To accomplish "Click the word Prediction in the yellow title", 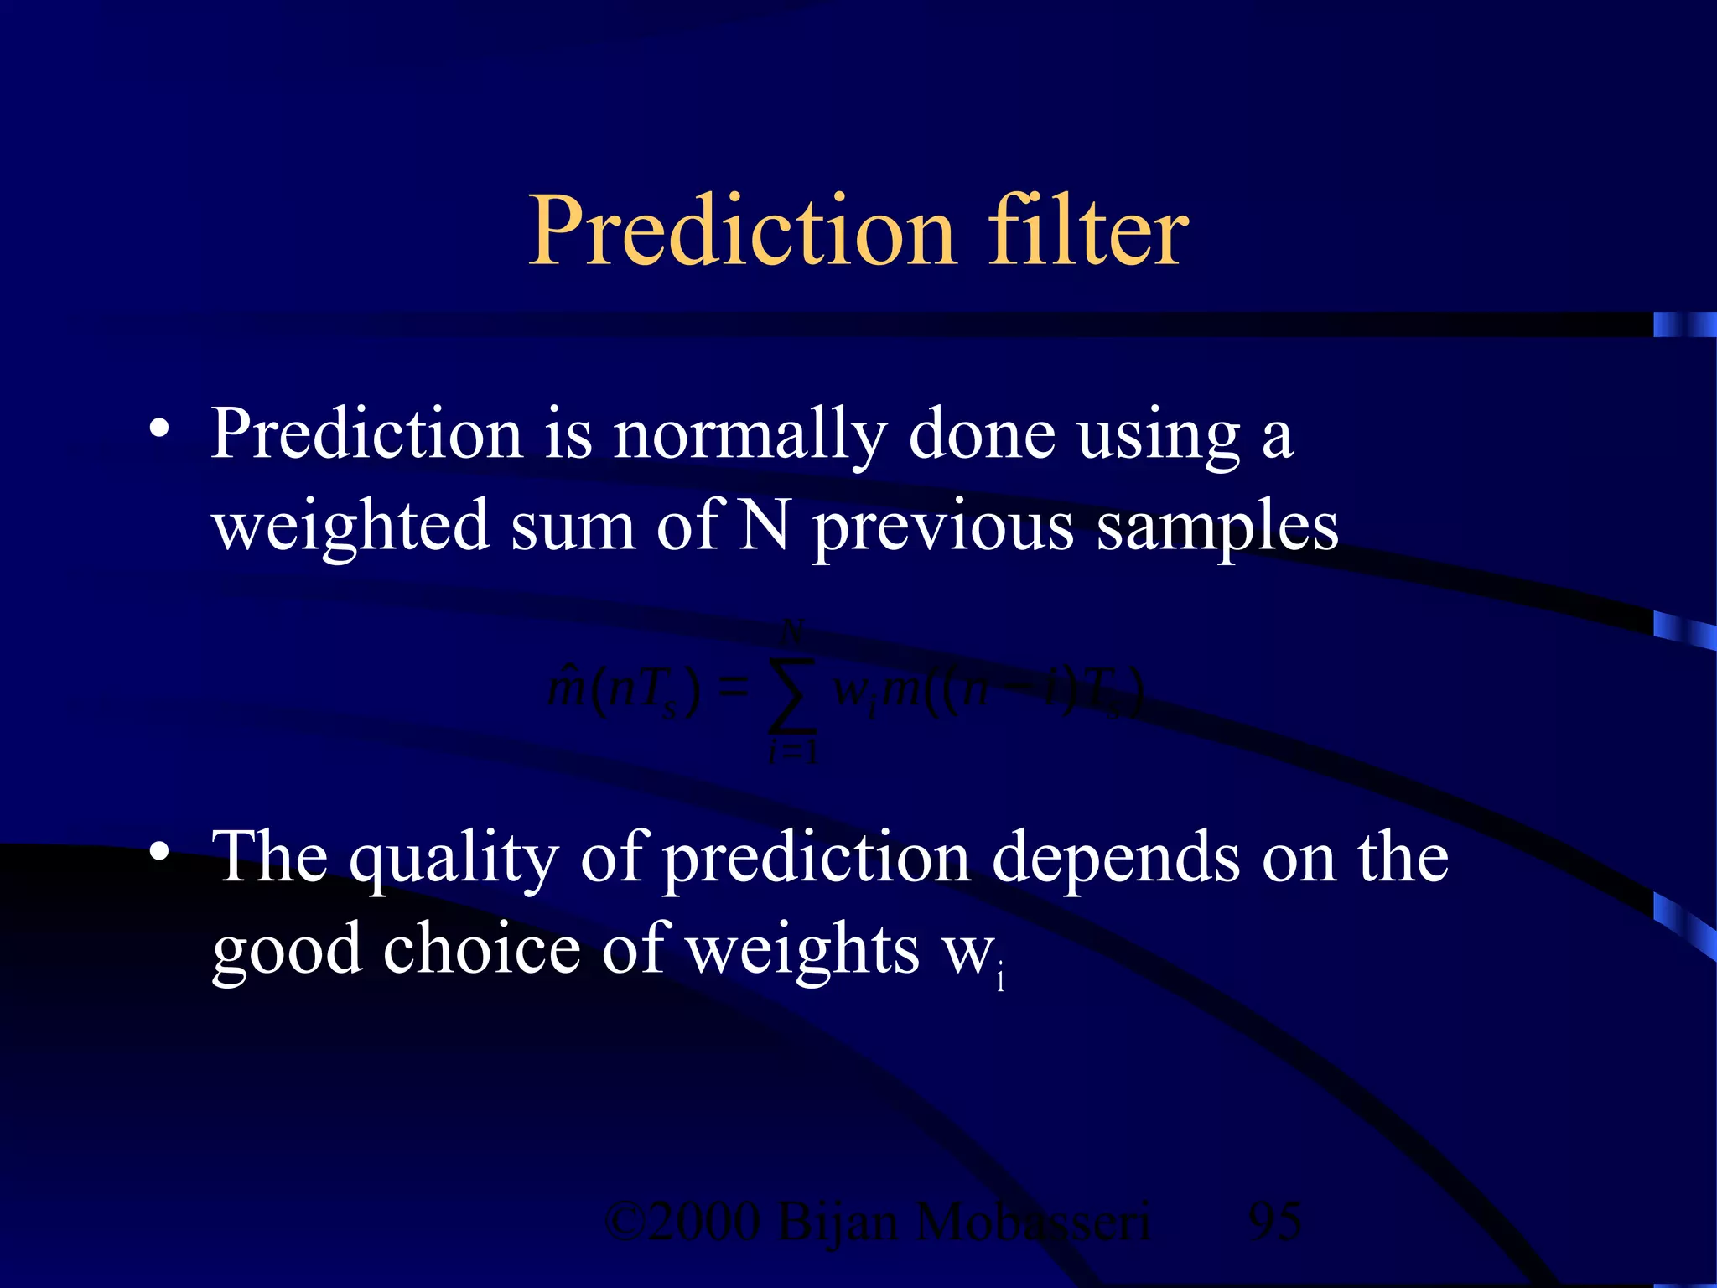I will click(x=742, y=231).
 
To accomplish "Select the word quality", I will click(x=454, y=860).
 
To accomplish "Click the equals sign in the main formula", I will click(x=733, y=689).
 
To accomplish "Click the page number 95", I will click(x=1274, y=1222).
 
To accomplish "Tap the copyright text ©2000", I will click(x=682, y=1222).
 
